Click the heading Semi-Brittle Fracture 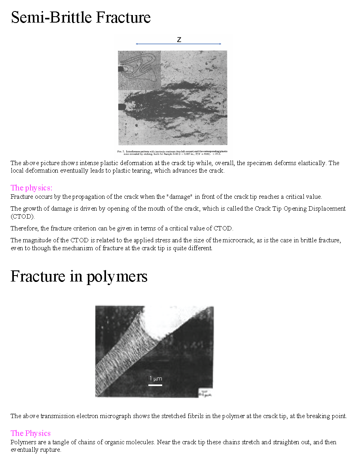coord(81,18)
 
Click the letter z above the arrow coord(179,40)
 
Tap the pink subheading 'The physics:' coord(31,188)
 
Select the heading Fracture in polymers coord(79,276)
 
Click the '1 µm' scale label coord(155,379)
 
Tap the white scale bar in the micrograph coord(155,384)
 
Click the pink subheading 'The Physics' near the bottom coord(30,433)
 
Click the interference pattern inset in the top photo coord(139,70)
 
